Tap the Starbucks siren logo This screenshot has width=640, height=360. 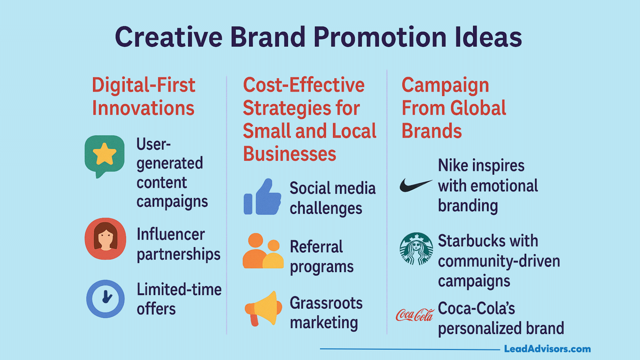(416, 249)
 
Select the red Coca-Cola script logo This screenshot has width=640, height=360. (415, 315)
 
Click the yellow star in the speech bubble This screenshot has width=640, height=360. (105, 154)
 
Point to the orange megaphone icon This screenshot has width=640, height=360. (261, 308)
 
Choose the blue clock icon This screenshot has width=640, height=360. (105, 299)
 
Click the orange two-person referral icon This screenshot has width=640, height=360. (263, 251)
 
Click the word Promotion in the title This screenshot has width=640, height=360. (380, 37)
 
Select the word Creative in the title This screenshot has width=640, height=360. (169, 37)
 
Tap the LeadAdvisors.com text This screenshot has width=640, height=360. (547, 349)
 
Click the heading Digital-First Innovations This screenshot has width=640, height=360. (144, 96)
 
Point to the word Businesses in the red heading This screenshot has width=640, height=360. (290, 154)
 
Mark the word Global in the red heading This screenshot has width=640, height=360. (478, 108)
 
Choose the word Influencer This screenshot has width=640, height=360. (171, 234)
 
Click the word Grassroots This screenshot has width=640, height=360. (326, 303)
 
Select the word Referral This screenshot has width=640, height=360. (316, 247)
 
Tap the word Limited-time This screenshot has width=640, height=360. (179, 289)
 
